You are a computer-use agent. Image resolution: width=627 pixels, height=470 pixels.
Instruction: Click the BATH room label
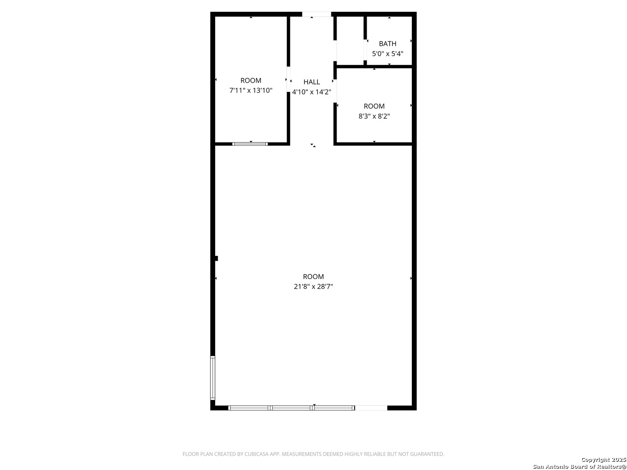point(388,44)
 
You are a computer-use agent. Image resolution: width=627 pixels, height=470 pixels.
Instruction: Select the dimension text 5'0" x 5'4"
point(388,54)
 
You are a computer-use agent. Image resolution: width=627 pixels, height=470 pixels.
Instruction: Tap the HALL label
point(312,82)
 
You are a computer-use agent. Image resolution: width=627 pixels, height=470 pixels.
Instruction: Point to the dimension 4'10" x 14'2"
point(312,92)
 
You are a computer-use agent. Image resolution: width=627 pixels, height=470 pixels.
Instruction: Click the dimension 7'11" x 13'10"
point(251,91)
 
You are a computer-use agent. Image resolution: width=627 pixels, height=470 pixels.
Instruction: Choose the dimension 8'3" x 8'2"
point(374,116)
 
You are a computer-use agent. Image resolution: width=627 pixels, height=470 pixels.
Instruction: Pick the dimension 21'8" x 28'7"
point(313,287)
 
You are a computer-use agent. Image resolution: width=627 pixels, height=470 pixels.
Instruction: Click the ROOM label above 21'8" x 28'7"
point(313,276)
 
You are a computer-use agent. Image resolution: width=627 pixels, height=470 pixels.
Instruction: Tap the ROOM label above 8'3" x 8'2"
point(374,106)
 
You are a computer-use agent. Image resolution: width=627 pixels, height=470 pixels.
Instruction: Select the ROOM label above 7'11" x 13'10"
point(251,81)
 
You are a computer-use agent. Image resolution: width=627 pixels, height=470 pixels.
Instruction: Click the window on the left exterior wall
point(212,378)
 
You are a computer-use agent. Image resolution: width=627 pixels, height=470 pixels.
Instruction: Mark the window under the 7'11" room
point(250,144)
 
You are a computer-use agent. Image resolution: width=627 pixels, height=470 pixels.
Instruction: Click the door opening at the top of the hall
point(317,14)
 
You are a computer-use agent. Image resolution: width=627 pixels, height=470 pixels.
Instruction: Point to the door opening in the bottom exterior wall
point(371,408)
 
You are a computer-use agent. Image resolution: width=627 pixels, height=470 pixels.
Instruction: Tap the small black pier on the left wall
point(216,258)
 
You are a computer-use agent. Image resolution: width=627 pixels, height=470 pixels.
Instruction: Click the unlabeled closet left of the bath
point(350,41)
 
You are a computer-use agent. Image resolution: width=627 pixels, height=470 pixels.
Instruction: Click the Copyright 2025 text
point(603,460)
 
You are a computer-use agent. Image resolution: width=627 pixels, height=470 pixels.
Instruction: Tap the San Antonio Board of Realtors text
point(579,467)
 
